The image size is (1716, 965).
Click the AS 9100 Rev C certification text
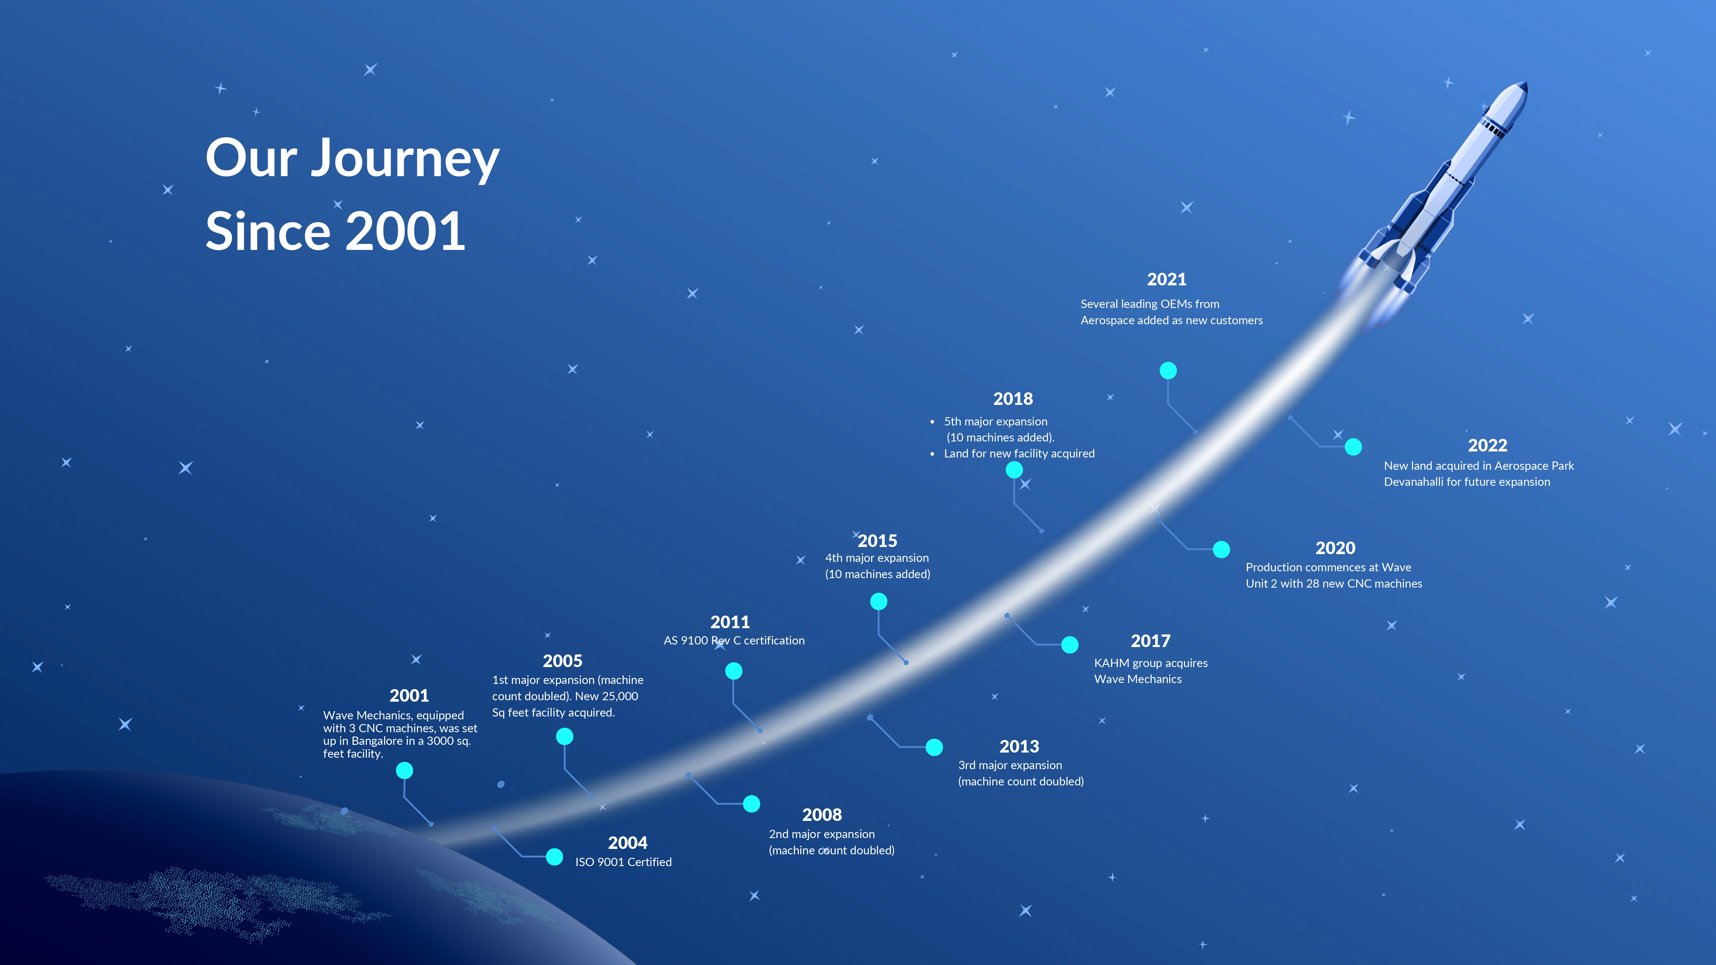pos(734,641)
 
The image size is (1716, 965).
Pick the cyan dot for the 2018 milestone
pos(1014,470)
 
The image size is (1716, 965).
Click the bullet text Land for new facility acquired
pos(1019,453)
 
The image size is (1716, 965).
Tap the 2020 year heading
pos(1335,548)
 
